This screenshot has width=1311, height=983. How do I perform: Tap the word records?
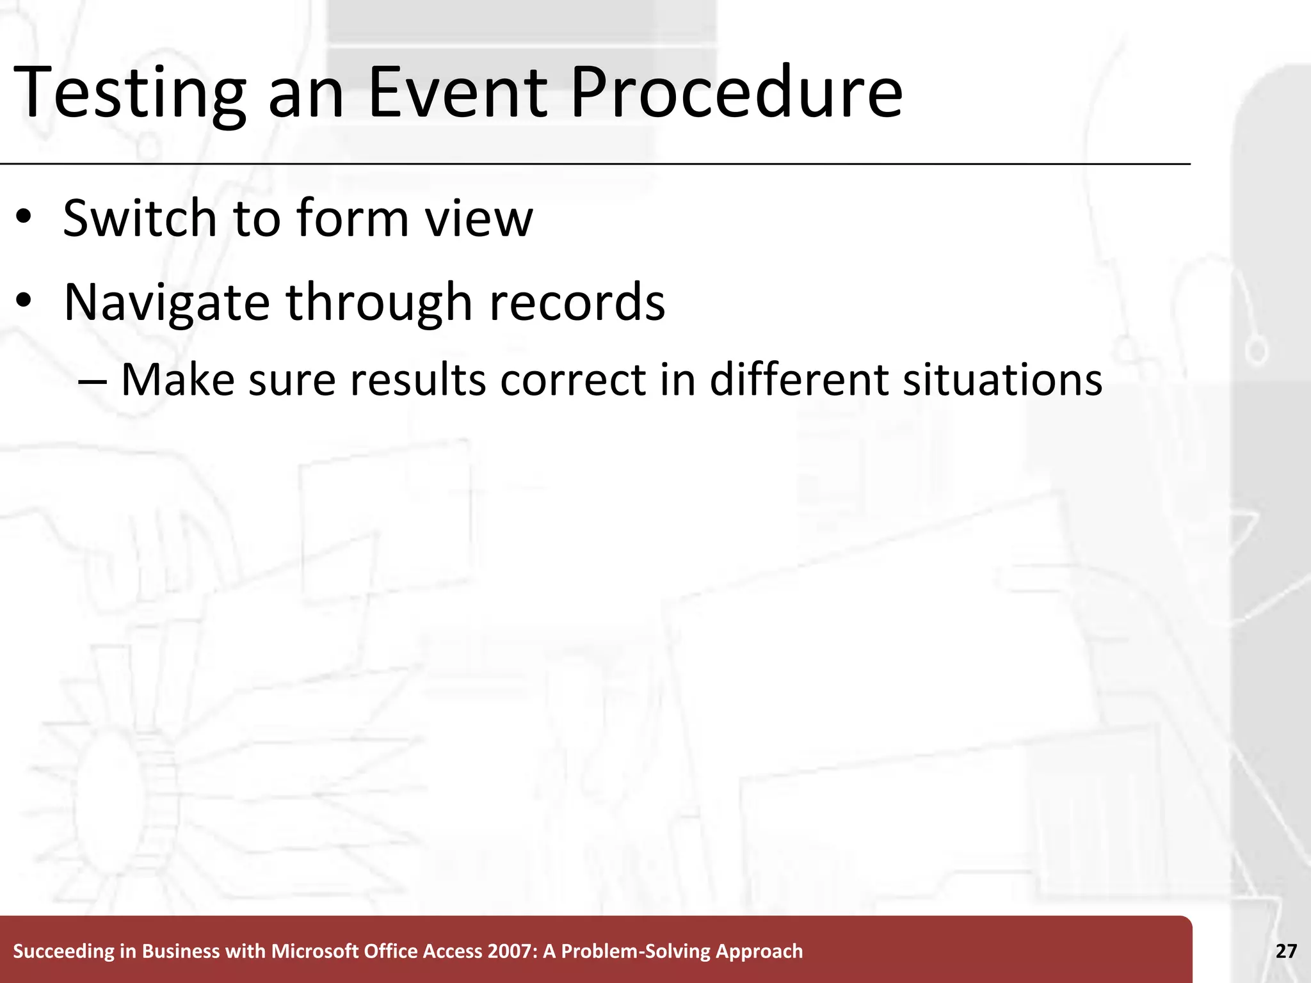pyautogui.click(x=577, y=303)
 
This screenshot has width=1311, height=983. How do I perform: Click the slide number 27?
pyautogui.click(x=1286, y=951)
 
